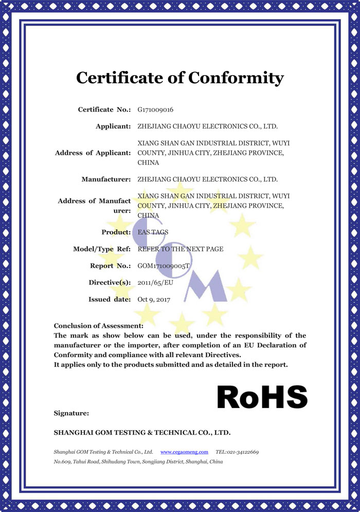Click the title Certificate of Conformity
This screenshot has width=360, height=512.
(179, 78)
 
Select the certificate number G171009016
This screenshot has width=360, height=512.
(155, 110)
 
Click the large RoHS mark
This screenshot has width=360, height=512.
(262, 397)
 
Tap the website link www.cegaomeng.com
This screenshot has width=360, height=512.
(184, 451)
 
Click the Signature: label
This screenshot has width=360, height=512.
(71, 413)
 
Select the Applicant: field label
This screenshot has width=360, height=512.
(113, 126)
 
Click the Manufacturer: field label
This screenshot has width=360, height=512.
(106, 179)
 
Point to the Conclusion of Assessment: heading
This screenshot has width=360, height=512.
(98, 325)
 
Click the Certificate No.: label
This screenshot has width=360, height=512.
(104, 110)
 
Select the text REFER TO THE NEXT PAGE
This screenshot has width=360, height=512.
(181, 249)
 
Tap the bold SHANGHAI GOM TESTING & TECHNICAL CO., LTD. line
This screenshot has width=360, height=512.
(142, 432)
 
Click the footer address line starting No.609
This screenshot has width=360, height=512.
(138, 462)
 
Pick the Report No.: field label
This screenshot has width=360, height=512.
(110, 266)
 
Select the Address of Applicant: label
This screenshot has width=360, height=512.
(93, 153)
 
